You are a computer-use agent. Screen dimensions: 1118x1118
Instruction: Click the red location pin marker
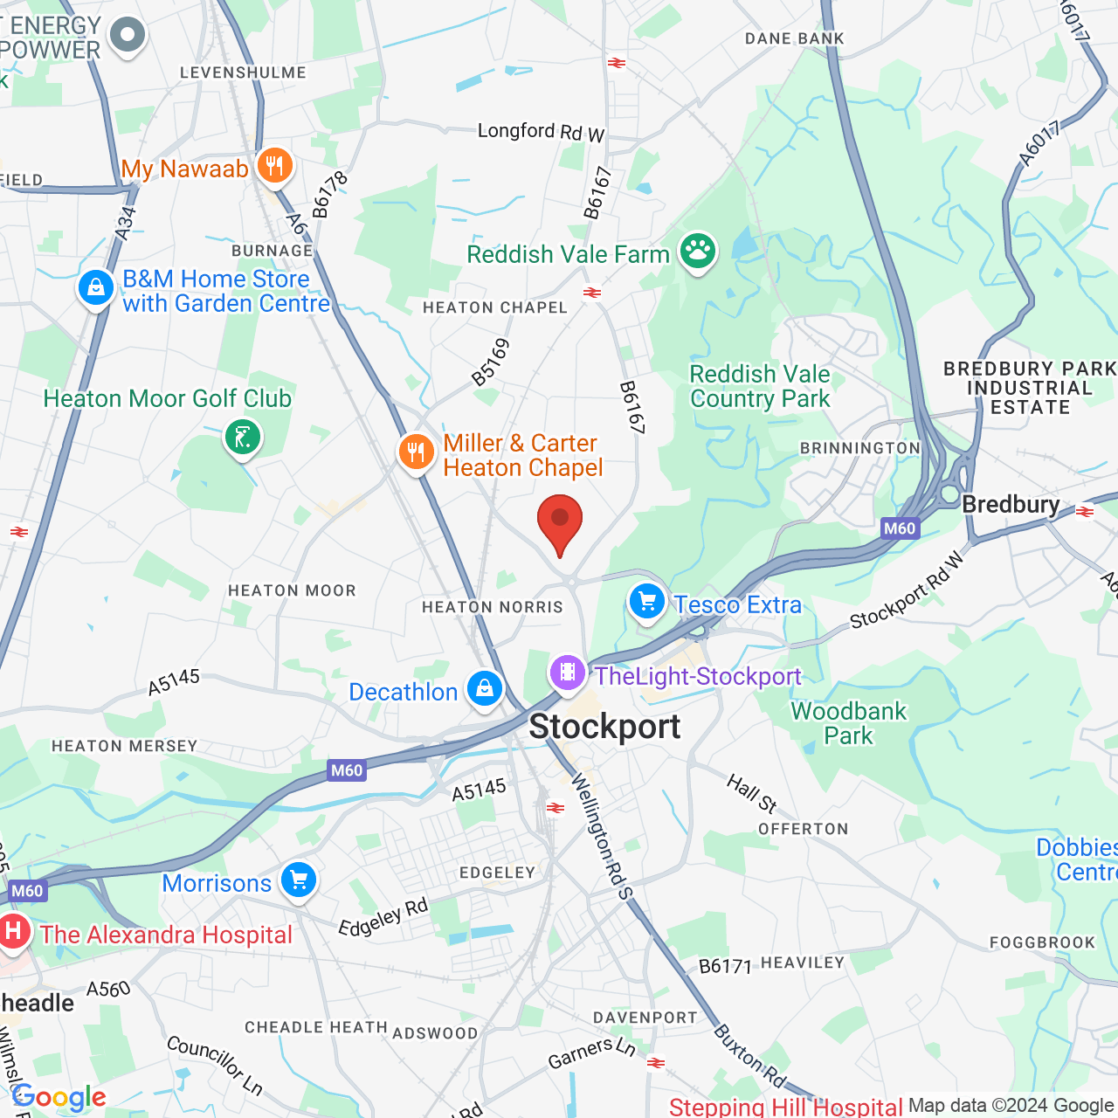tap(560, 522)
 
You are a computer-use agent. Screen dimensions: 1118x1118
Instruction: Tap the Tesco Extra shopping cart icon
tap(647, 602)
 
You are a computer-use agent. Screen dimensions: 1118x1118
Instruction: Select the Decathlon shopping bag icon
tap(485, 688)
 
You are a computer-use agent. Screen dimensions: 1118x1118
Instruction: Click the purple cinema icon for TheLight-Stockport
tap(568, 673)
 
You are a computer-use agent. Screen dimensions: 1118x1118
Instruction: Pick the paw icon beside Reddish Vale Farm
tap(697, 251)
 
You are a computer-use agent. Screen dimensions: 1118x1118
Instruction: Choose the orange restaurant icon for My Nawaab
tap(274, 165)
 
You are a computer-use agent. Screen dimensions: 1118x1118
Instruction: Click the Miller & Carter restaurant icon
tap(417, 452)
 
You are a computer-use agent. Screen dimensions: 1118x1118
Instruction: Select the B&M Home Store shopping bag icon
tap(96, 287)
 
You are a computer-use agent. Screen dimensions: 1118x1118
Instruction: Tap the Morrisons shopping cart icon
tap(299, 880)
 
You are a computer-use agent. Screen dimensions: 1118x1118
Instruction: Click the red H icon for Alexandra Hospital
tap(13, 931)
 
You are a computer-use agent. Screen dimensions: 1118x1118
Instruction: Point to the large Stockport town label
tap(604, 727)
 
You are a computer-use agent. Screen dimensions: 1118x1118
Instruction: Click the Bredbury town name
tap(1011, 505)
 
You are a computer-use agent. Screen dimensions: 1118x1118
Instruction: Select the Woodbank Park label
tap(848, 723)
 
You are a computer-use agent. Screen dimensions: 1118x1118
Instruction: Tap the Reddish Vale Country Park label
tap(760, 386)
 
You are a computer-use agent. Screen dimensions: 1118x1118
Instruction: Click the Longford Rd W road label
tap(541, 132)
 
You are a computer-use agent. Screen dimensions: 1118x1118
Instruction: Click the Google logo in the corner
tap(59, 1097)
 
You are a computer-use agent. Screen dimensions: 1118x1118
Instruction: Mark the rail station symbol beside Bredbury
tap(1085, 512)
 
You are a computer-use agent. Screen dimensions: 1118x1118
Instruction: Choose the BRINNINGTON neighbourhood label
tap(860, 448)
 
